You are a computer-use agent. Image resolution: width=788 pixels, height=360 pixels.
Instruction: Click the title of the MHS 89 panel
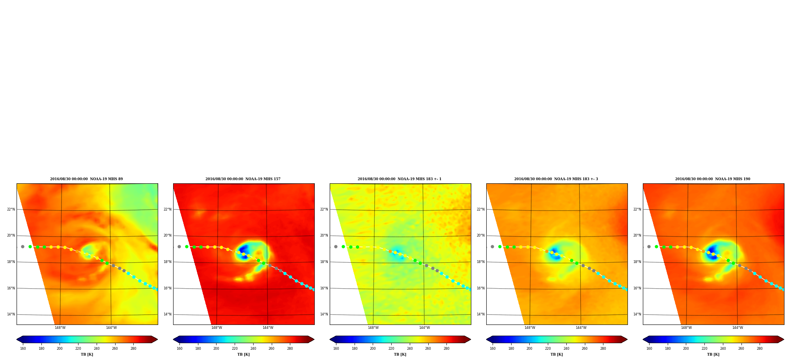(x=86, y=179)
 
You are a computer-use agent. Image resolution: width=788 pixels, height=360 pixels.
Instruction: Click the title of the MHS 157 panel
(x=243, y=179)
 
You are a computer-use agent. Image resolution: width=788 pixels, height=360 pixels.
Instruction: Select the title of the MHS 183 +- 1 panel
(x=400, y=179)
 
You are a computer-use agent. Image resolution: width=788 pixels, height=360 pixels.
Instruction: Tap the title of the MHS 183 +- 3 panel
(x=556, y=179)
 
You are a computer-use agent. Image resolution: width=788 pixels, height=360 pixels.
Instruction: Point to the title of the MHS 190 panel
(x=713, y=179)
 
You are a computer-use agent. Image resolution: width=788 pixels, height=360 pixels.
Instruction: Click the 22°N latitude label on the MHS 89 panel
(x=11, y=209)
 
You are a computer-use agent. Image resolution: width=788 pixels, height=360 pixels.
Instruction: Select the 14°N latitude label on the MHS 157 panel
(x=168, y=315)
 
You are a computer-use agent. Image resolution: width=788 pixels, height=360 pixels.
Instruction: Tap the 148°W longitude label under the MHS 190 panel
(x=686, y=328)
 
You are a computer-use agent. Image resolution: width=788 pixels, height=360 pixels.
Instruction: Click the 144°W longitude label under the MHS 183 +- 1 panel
(x=424, y=328)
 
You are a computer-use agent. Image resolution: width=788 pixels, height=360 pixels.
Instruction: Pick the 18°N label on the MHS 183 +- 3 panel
(x=481, y=262)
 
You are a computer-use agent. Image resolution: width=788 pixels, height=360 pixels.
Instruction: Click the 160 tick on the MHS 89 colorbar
(x=23, y=349)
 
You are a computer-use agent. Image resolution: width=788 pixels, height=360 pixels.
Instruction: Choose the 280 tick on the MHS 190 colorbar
(x=760, y=349)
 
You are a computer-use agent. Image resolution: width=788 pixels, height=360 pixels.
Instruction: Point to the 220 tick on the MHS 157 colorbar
(x=235, y=349)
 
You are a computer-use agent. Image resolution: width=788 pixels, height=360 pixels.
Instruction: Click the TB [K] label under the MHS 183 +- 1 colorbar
(x=400, y=354)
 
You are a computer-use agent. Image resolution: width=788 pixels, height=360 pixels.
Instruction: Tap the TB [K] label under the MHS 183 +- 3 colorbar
(x=556, y=354)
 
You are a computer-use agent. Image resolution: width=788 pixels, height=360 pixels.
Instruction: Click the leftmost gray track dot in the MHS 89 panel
(x=22, y=247)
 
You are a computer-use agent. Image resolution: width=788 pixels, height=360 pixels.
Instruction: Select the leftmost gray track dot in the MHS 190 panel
(x=649, y=247)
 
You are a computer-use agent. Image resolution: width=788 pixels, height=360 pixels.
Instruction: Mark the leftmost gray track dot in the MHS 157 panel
(x=179, y=247)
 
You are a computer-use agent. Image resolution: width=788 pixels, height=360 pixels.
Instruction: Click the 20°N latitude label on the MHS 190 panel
(x=637, y=236)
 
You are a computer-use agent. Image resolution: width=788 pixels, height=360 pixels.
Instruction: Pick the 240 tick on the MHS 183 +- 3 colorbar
(x=566, y=349)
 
